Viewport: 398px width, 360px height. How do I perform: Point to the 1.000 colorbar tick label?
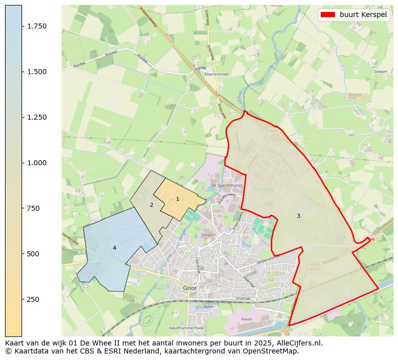37,163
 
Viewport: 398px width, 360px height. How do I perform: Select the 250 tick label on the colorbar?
34,299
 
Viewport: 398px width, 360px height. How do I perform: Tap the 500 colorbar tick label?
34,254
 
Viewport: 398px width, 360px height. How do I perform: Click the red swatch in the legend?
328,15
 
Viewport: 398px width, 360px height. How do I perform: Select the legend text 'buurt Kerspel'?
363,15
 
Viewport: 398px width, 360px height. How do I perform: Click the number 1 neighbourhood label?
177,199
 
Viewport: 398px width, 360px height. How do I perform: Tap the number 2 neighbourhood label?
151,205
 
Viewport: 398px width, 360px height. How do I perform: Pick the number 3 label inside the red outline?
298,216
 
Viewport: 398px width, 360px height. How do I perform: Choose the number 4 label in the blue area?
114,248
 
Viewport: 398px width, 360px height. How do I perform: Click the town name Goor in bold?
190,288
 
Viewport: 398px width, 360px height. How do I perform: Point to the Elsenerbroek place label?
217,74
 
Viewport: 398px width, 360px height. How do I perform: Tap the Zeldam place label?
380,72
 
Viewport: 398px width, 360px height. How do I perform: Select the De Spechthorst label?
226,185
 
